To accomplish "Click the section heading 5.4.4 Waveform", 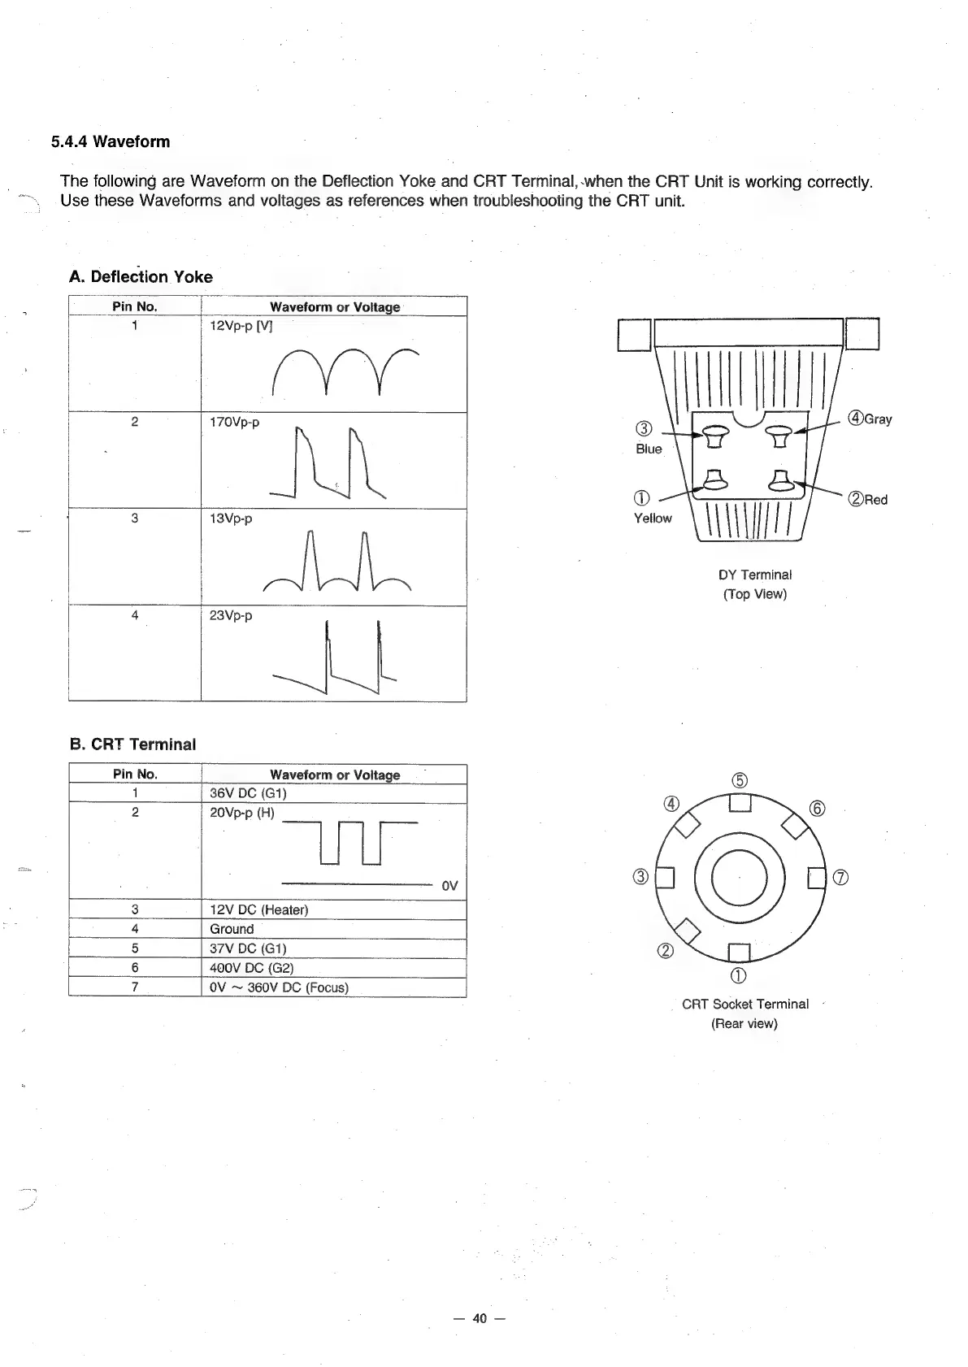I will point(111,142).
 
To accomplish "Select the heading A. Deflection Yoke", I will point(141,277).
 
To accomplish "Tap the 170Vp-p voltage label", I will point(234,423).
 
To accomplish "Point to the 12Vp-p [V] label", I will point(241,326).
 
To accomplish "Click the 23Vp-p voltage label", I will point(231,615).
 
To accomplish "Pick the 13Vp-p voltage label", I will point(231,519).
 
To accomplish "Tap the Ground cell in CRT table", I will point(232,929).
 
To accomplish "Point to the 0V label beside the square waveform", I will point(449,886).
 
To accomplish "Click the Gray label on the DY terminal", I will point(877,419).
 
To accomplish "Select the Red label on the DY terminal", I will point(875,500).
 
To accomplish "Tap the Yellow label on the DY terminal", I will point(653,519).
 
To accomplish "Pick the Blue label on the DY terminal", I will point(649,449).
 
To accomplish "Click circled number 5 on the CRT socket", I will point(739,781).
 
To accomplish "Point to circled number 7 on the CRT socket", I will point(842,877).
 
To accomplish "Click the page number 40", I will point(480,1318).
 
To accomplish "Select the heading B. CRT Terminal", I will point(132,744).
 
